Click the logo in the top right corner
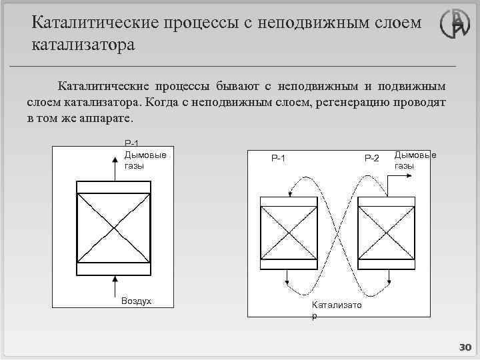[x=455, y=25]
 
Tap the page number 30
[x=465, y=347]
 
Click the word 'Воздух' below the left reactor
[x=136, y=301]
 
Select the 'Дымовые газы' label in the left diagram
[x=145, y=160]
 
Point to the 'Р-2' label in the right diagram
[x=371, y=158]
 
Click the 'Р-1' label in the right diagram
[x=278, y=158]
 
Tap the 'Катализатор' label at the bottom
[x=336, y=309]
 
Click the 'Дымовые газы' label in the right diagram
[x=415, y=160]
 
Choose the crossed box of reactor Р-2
[x=387, y=235]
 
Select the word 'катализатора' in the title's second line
[x=83, y=45]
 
